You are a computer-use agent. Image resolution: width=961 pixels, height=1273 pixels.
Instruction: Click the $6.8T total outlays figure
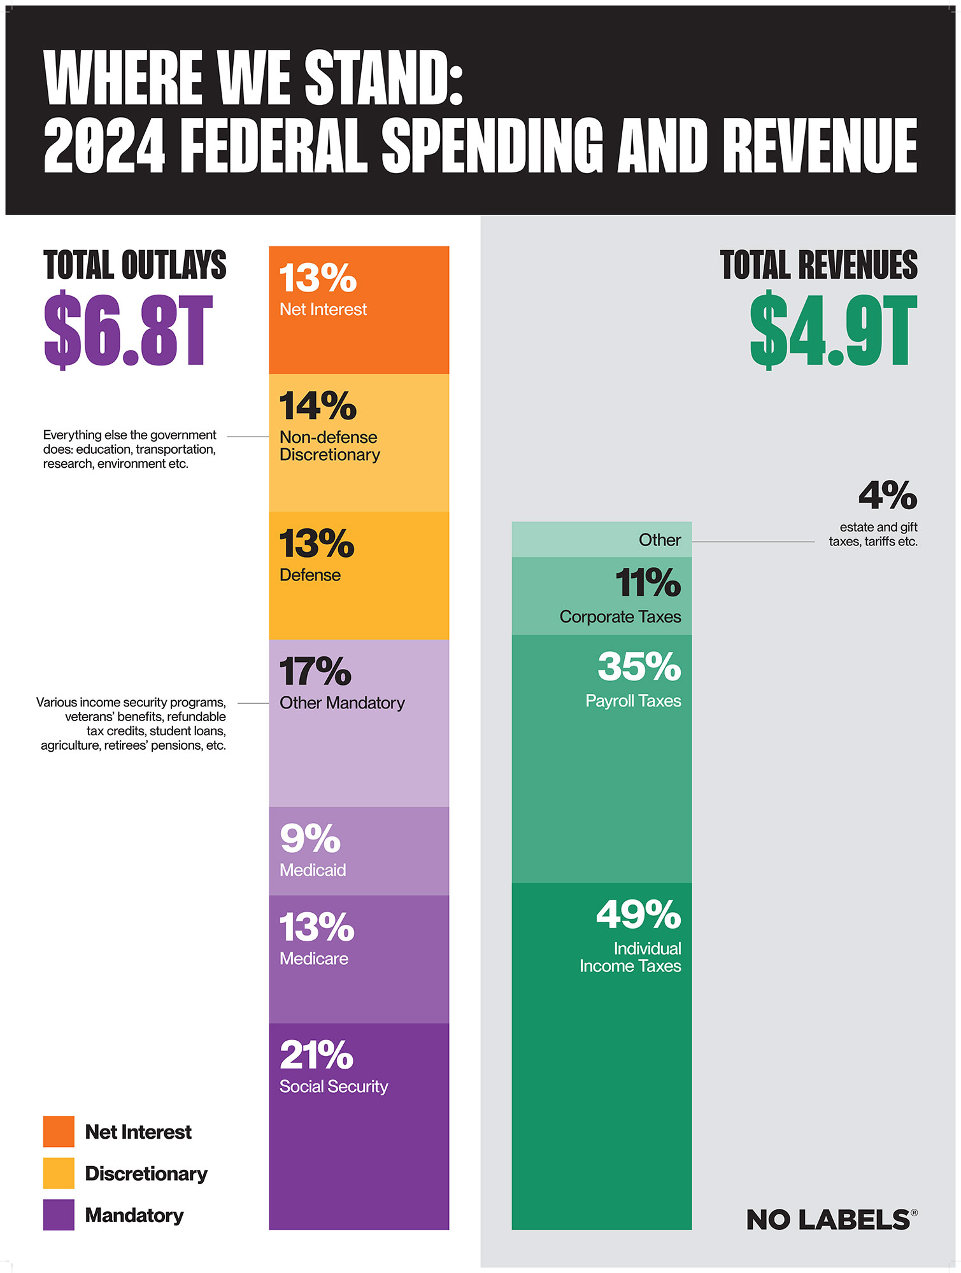point(127,330)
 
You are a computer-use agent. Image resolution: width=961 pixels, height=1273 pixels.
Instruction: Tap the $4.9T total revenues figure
point(833,330)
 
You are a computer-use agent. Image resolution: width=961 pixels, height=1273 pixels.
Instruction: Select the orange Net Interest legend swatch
point(59,1131)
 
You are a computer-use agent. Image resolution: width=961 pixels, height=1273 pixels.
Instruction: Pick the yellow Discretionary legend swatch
point(59,1173)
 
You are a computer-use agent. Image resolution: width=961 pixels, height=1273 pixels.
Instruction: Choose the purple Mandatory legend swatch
point(59,1214)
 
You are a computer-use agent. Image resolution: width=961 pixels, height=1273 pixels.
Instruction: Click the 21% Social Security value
point(317,1055)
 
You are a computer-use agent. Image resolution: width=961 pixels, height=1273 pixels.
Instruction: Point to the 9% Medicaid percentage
point(310,839)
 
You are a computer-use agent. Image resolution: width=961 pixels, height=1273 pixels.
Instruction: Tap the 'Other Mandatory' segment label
point(342,703)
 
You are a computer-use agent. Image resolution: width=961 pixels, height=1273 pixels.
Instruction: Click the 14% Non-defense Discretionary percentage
point(318,406)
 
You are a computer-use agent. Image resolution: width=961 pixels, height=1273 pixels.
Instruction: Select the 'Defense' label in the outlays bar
point(310,575)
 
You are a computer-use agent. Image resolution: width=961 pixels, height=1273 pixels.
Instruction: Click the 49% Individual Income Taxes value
point(638,915)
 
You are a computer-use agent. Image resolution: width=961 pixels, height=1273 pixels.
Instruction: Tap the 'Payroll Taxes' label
point(633,701)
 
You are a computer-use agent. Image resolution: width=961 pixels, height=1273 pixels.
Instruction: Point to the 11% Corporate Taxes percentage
point(648,583)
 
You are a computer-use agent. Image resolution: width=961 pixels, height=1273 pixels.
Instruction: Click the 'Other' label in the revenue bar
point(660,540)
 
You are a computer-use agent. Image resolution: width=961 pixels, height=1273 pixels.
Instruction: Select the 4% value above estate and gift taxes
point(888,495)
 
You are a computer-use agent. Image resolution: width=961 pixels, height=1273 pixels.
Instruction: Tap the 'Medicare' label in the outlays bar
point(314,959)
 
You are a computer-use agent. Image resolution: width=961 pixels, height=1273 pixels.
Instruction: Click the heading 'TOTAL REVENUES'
point(818,265)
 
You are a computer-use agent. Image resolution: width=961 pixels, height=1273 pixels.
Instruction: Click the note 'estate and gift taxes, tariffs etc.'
point(873,534)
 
